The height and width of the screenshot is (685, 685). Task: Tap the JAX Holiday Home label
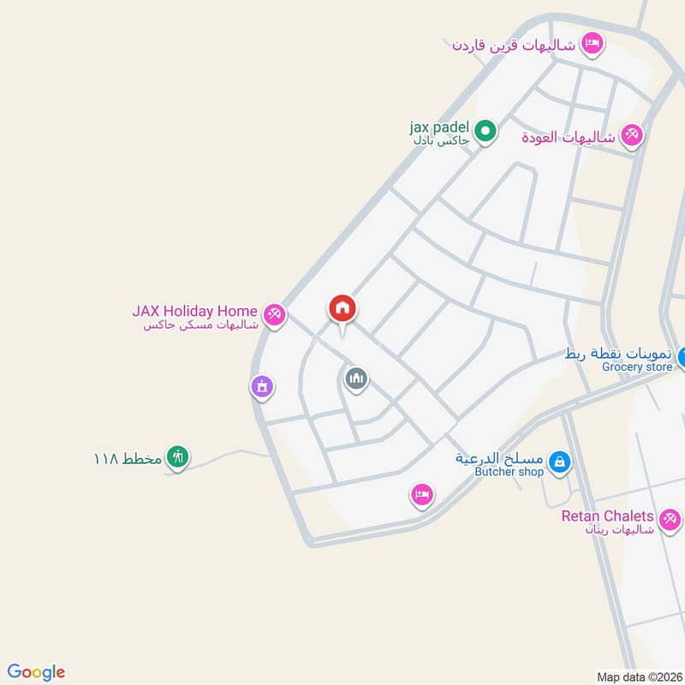194,311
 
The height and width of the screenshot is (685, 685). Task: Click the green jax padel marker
485,132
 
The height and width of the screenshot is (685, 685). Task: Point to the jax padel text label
439,128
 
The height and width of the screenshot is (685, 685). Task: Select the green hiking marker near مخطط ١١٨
177,457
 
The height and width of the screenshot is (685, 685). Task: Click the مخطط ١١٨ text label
128,458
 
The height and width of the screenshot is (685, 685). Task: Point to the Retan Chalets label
608,516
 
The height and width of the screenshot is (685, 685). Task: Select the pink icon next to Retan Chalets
670,518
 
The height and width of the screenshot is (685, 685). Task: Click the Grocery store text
636,367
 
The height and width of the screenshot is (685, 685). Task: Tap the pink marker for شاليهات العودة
632,135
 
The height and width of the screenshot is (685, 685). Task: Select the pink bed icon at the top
592,42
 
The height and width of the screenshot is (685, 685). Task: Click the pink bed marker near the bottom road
421,493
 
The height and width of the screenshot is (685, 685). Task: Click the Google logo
36,672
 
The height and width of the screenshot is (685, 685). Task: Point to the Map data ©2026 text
638,676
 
